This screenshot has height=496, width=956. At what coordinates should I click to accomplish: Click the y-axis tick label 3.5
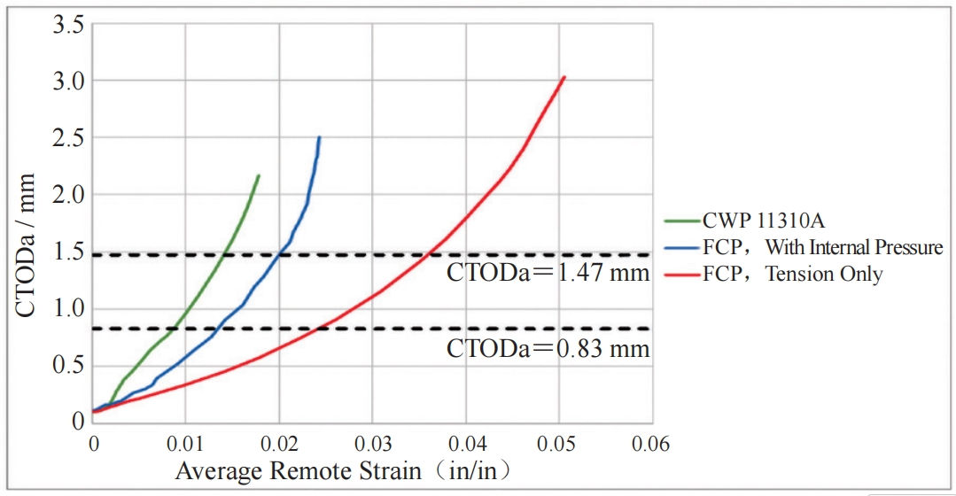tap(66, 25)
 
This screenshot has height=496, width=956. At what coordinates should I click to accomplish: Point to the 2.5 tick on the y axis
tap(66, 138)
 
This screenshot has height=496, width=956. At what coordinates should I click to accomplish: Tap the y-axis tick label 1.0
tap(66, 309)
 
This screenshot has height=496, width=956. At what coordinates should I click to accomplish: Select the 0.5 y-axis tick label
tap(66, 366)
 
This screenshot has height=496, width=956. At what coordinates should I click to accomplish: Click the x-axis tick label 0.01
tap(185, 443)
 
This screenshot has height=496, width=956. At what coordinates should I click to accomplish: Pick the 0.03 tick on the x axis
tap(372, 443)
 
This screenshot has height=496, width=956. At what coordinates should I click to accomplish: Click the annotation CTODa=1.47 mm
tap(548, 273)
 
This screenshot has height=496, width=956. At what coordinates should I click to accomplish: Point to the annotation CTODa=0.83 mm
tap(548, 349)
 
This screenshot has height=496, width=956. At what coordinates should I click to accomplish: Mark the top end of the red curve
tap(563, 77)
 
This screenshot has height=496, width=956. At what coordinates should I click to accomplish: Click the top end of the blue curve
tap(319, 137)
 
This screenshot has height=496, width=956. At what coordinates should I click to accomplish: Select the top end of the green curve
tap(259, 175)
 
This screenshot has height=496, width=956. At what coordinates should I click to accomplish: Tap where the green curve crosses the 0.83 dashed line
tap(173, 329)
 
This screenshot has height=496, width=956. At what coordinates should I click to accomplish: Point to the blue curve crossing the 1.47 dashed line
tap(280, 255)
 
